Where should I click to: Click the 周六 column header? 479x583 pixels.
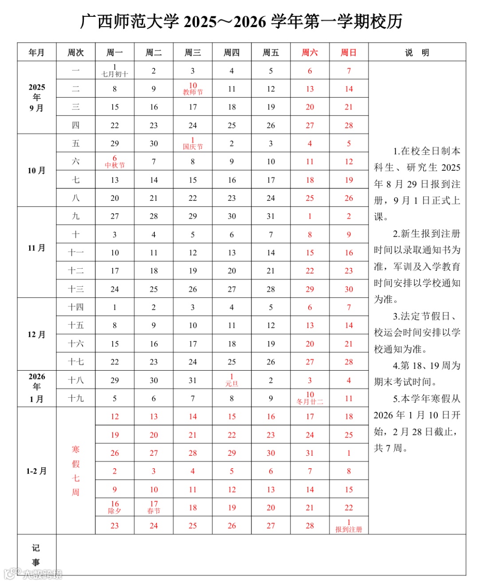310,53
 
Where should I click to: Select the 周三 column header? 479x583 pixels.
192,53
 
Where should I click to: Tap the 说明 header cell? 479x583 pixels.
417,53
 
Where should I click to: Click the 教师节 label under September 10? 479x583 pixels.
192,92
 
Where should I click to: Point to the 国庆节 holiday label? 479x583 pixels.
192,147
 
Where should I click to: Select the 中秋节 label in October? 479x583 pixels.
115,165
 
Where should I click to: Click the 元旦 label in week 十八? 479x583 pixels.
232,384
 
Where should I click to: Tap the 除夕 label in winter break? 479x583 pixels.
114,511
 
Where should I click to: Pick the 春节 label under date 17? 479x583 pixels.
153,511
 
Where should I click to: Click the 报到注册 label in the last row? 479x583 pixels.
349,529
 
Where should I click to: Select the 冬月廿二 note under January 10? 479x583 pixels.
310,402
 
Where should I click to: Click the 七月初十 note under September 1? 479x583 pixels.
115,74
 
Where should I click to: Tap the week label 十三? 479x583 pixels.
76,289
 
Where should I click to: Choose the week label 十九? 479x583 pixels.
76,399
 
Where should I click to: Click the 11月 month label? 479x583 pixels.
37,248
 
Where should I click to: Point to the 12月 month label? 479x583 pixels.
37,334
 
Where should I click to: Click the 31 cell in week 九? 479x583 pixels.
271,216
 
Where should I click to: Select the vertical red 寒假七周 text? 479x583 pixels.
76,470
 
